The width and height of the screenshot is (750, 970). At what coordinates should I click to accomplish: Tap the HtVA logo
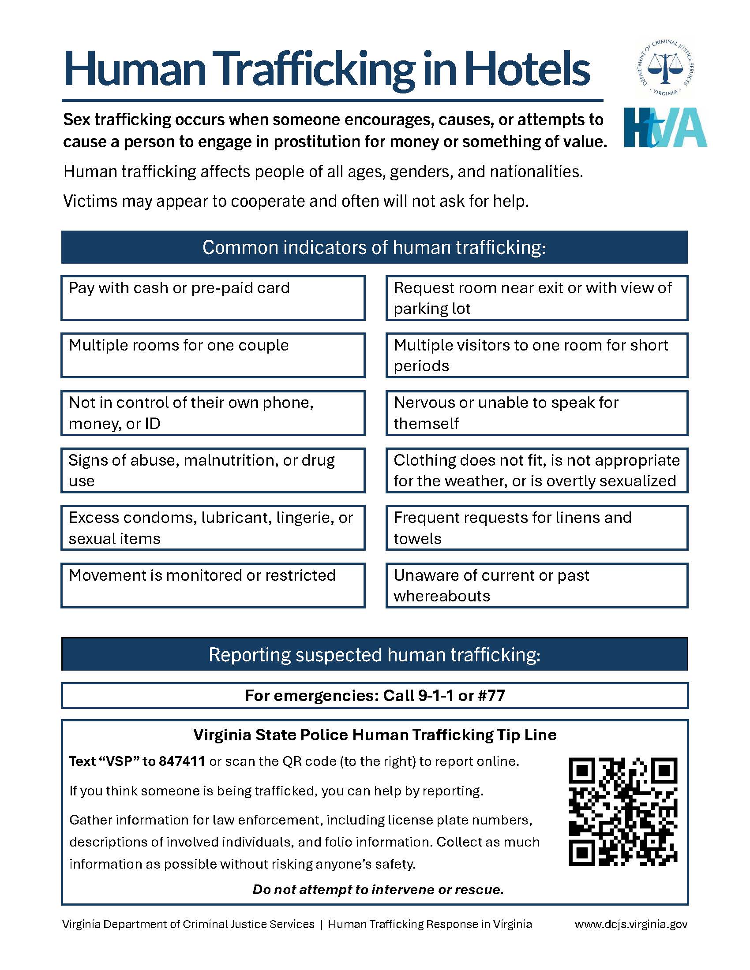[x=665, y=128]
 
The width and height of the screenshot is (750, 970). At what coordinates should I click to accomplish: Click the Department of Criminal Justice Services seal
[x=665, y=67]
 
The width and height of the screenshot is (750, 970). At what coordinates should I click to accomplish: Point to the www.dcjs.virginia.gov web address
[x=631, y=924]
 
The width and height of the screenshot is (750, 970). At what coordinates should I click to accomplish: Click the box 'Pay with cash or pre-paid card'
[x=213, y=298]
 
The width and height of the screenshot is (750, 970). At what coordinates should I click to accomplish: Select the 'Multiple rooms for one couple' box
[x=213, y=355]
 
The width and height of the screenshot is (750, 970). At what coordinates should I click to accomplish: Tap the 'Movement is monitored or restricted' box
[x=213, y=586]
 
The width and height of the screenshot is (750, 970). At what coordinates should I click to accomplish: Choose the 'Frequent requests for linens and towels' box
[x=537, y=528]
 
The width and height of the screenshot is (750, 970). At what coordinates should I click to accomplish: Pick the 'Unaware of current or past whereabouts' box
[x=537, y=586]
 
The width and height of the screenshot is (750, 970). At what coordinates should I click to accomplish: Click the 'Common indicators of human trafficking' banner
[x=374, y=247]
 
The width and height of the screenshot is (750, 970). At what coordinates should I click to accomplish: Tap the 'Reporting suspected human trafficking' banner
[x=374, y=655]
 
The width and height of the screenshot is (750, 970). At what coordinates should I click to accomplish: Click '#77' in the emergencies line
[x=491, y=695]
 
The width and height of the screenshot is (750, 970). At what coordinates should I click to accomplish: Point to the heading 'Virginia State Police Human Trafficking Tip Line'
[x=375, y=735]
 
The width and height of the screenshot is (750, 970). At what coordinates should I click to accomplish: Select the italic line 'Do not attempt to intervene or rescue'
[x=378, y=890]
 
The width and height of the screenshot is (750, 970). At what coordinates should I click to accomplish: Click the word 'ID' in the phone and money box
[x=152, y=424]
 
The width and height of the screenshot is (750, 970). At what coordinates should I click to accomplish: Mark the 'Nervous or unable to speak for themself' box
[x=537, y=413]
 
